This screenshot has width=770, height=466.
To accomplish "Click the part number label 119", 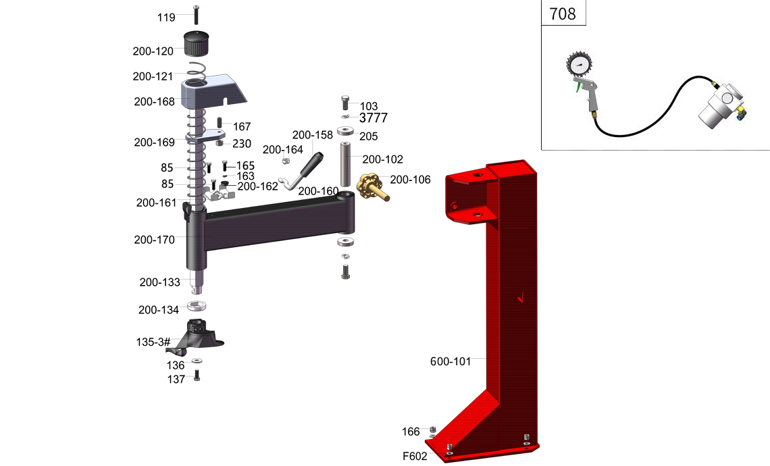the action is point(166,18).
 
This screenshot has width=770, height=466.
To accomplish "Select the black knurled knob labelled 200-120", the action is point(197,43).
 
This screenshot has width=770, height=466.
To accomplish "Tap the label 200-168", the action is point(154,102).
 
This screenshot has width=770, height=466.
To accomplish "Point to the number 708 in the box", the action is point(562,14).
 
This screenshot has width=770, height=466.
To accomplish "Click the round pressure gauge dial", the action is point(579,65).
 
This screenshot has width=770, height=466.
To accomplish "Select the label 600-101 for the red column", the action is point(451,361).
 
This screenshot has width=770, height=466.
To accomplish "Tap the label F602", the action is point(415,456).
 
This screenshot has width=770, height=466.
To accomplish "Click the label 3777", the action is point(374,118).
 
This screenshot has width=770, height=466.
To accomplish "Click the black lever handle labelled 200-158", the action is point(311,166).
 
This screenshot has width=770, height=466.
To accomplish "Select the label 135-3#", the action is point(153,342).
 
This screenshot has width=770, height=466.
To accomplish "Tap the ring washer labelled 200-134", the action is point(197,306).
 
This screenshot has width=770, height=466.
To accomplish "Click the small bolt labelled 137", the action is point(197,376).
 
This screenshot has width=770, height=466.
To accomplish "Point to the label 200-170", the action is point(154,240).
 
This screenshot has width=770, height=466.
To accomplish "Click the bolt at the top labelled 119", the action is point(197,15).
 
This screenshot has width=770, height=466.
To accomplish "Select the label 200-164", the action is point(283,149).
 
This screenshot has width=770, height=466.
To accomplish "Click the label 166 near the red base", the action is point(411,432).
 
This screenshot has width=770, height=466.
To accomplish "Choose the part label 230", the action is point(242,143).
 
